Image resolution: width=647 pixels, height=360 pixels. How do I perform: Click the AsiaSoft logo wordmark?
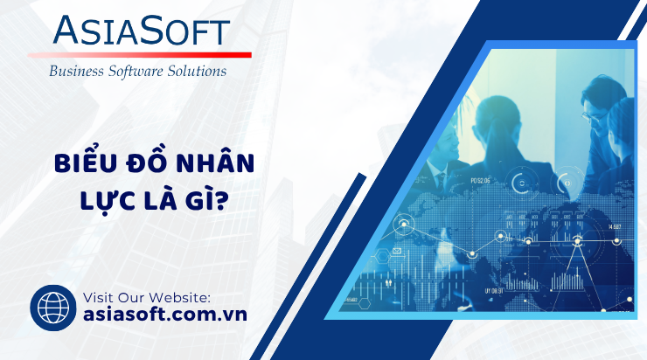141,31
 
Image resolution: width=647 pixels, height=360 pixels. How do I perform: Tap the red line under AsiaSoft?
140,55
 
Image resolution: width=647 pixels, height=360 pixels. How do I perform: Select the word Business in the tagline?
76,71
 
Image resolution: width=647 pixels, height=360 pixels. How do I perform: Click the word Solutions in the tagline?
197,71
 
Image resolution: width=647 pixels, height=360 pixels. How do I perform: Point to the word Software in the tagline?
136,71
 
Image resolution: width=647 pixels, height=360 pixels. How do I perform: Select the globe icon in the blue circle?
53,308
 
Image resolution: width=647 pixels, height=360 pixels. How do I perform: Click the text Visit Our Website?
147,297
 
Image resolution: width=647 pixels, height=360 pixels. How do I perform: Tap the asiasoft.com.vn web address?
165,315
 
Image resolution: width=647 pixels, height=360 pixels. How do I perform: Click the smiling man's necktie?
441,181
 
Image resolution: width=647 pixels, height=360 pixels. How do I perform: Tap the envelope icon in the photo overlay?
397,250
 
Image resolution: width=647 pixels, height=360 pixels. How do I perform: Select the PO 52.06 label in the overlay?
480,181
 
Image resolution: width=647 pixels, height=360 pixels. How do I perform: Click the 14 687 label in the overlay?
615,227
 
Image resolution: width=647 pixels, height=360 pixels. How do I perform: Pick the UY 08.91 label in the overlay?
494,291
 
